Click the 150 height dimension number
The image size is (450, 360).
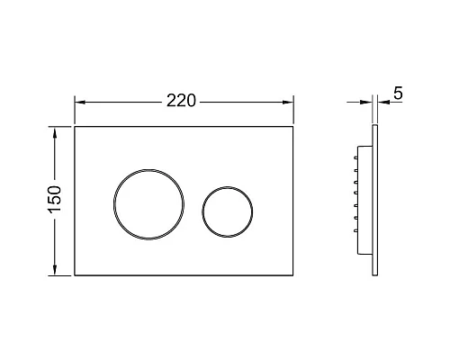54,201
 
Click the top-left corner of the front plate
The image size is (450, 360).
75,126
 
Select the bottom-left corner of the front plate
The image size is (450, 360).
75,274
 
